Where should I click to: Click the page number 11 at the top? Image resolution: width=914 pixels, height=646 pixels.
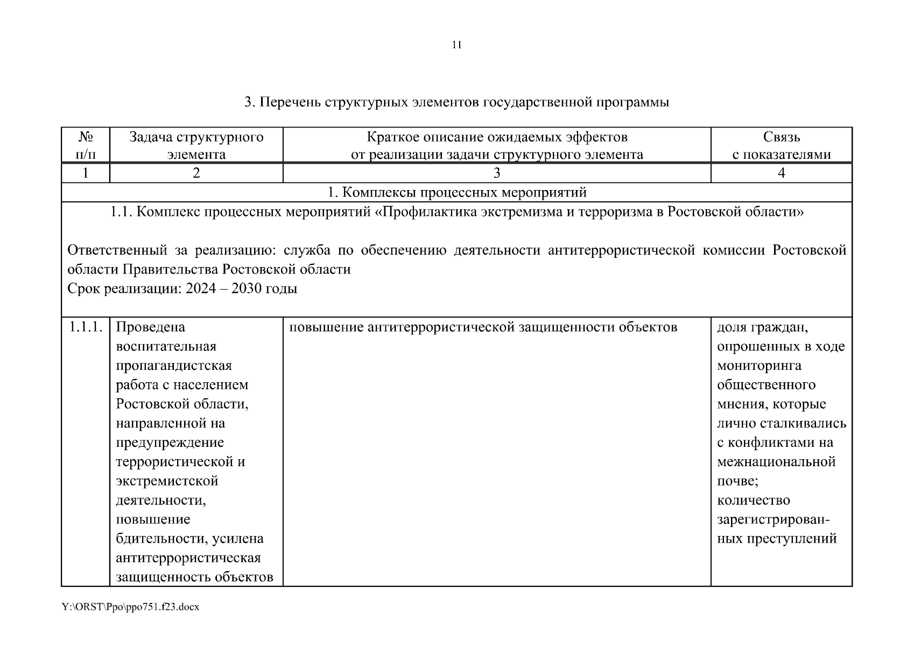pos(456,45)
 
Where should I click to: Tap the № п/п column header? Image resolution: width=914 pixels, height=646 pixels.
pos(85,145)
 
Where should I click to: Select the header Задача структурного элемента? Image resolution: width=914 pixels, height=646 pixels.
pos(196,145)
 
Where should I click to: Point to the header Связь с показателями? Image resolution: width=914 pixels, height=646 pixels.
pos(781,145)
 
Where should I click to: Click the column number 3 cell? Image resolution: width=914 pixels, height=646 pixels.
pos(496,173)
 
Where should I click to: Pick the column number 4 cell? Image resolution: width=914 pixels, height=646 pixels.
pos(781,173)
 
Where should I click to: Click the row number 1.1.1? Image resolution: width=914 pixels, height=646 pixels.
pos(86,327)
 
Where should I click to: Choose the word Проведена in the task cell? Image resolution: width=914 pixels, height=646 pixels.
pos(150,327)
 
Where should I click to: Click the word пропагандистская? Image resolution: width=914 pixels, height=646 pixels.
pos(174,366)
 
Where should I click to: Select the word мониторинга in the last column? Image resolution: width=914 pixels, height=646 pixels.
pos(759,366)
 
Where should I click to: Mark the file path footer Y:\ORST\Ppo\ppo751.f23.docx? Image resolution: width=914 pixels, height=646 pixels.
pos(131,607)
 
